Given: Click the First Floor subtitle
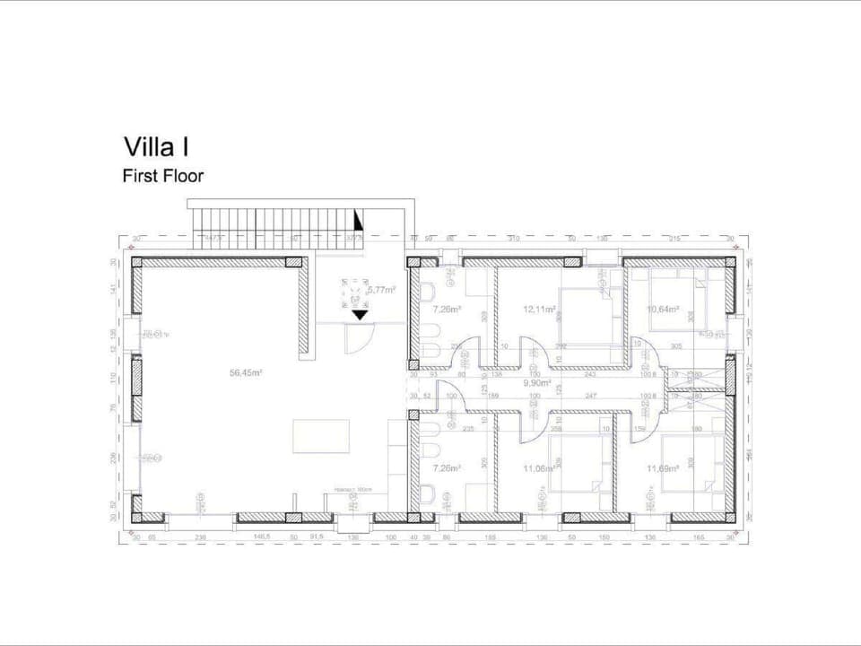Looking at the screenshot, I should [162, 176].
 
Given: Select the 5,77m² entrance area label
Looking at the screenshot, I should [381, 290].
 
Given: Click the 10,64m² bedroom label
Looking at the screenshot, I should [663, 310].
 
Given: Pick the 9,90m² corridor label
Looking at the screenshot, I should [536, 380].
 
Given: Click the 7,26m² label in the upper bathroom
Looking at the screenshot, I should [447, 310].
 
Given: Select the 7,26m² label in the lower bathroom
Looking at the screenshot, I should [447, 467].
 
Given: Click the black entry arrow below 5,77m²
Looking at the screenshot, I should [360, 314].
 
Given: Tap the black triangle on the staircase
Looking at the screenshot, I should [359, 220].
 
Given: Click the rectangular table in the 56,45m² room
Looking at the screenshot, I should [321, 437].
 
